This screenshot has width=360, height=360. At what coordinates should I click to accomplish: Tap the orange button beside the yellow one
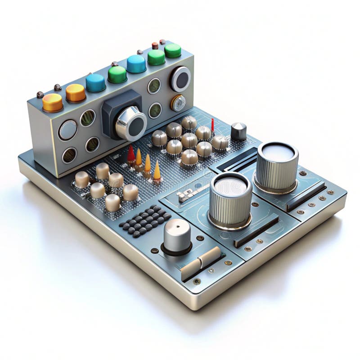76,92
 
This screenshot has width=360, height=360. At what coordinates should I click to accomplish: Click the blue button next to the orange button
95,82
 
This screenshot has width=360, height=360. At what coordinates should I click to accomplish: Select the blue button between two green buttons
136,63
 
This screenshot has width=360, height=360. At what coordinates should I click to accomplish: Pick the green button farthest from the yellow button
173,50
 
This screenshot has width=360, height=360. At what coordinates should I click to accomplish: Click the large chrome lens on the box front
131,123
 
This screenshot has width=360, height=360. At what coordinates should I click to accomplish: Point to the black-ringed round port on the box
180,79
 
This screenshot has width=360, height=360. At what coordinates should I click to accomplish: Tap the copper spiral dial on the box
178,103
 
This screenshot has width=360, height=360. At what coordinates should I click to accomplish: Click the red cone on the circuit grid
131,154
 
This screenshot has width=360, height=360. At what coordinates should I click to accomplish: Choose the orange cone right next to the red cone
139,158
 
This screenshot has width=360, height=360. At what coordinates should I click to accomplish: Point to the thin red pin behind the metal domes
212,125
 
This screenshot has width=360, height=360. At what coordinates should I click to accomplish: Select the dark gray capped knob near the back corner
238,131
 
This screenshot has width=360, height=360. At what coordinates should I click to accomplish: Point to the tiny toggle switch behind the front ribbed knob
186,194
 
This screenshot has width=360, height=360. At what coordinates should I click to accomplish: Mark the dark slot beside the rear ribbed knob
306,196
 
